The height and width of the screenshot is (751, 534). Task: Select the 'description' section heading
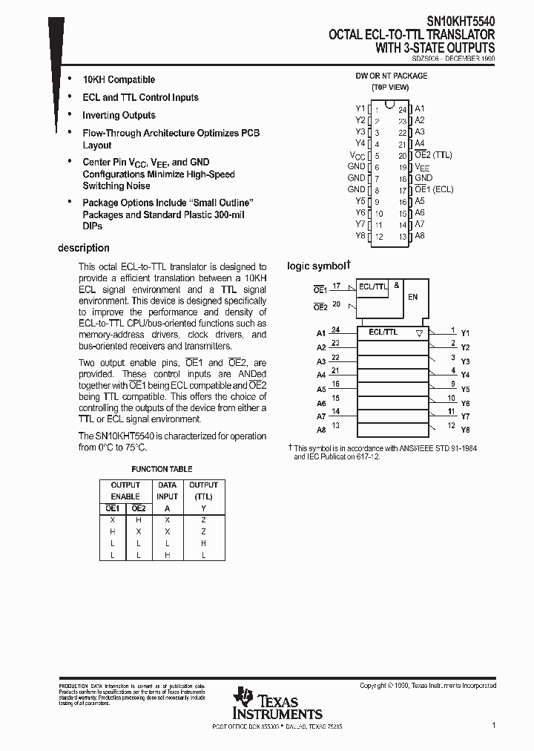(84, 248)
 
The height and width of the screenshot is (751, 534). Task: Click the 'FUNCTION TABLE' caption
(162, 469)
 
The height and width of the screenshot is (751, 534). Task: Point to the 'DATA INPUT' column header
(168, 491)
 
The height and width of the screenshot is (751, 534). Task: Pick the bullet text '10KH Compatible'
(119, 79)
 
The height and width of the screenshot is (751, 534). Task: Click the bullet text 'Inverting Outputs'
(119, 115)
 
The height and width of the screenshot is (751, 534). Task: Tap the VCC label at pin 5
(357, 155)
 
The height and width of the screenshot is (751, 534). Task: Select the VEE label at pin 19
(422, 167)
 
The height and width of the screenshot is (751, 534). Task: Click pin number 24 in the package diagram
(403, 110)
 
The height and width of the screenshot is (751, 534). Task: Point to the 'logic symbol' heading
(317, 266)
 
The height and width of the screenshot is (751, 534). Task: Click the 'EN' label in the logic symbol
(413, 297)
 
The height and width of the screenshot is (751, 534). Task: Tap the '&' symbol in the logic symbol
(397, 285)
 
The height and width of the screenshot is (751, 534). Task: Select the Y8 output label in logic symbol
(465, 430)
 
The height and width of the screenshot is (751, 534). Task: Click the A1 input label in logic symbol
(321, 333)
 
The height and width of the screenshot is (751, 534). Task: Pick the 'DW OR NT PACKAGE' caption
(392, 76)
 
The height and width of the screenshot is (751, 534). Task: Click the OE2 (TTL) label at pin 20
(433, 155)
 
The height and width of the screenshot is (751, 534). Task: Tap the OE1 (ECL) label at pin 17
(433, 190)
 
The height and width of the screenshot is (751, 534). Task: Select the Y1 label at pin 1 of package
(360, 108)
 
